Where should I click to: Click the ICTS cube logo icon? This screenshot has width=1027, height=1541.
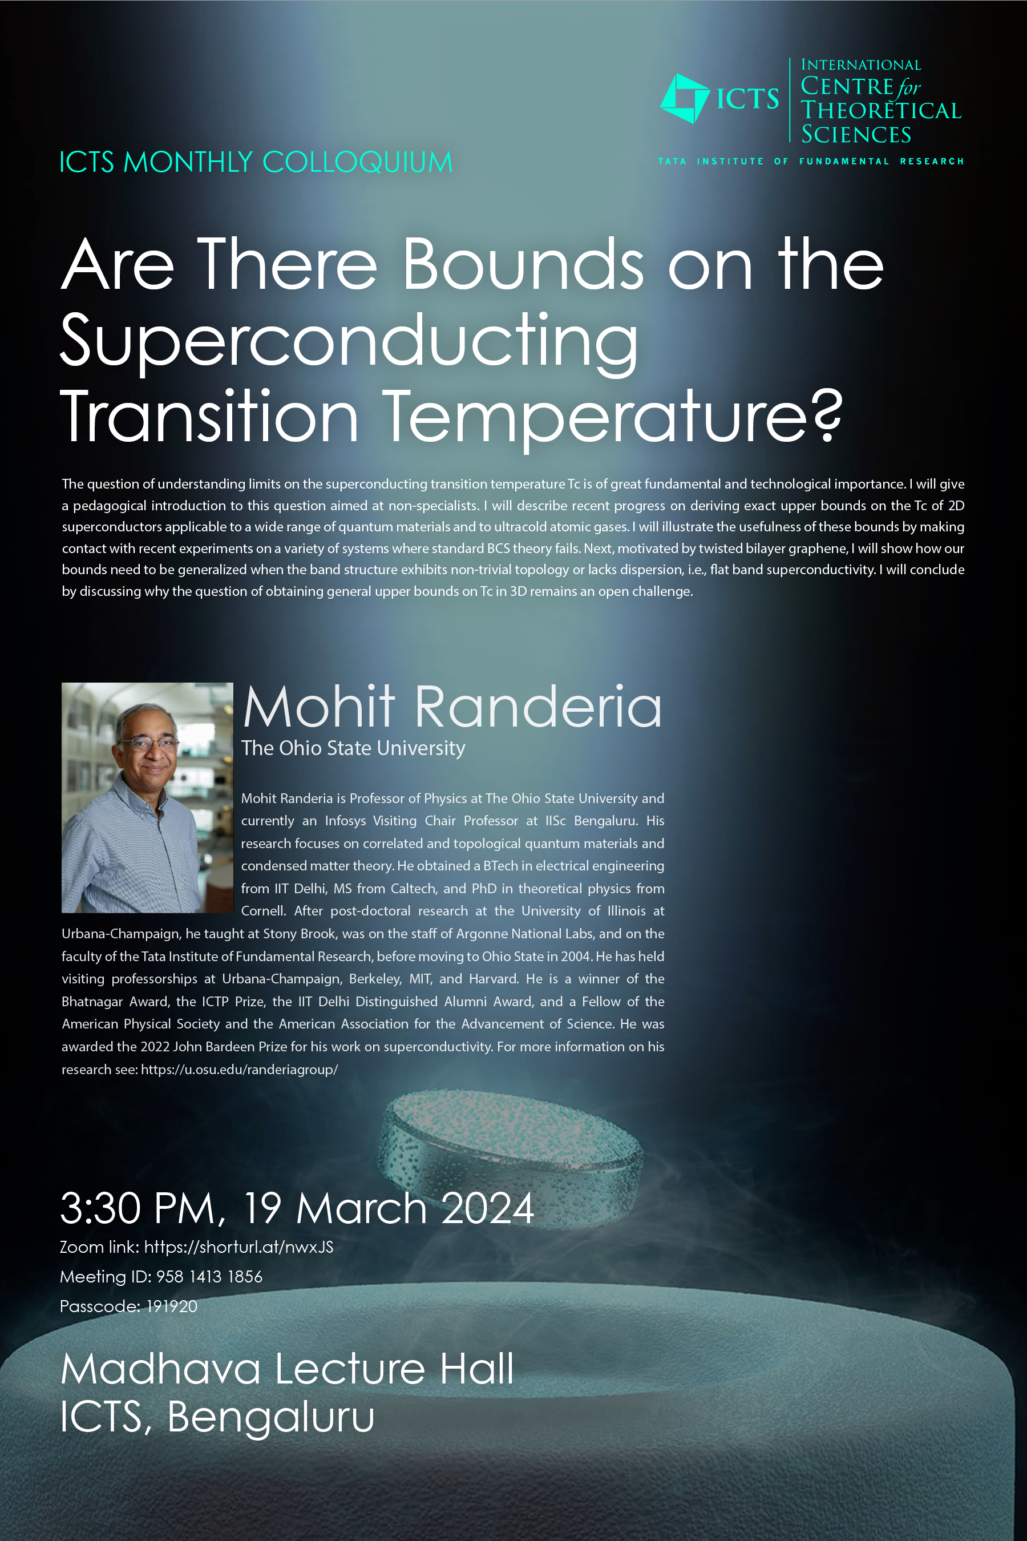click(x=685, y=98)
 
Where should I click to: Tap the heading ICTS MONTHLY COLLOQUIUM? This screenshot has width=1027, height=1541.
click(x=256, y=162)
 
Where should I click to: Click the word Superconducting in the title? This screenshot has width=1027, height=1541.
click(x=349, y=341)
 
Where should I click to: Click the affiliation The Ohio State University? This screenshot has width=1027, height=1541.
click(x=353, y=748)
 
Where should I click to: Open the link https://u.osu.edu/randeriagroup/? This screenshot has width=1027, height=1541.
click(x=239, y=1069)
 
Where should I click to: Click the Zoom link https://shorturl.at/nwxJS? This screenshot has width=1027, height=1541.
click(x=238, y=1247)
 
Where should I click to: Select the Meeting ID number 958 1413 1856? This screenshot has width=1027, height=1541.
click(x=209, y=1276)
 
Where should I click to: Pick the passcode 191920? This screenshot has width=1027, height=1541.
click(x=172, y=1306)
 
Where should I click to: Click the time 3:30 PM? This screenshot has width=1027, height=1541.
click(x=138, y=1208)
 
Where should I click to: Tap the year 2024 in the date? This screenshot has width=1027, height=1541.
click(x=488, y=1208)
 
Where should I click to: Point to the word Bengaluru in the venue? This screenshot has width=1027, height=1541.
click(x=271, y=1418)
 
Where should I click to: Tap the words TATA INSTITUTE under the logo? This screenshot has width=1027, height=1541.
click(x=711, y=161)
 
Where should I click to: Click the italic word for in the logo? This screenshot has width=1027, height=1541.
click(x=908, y=87)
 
